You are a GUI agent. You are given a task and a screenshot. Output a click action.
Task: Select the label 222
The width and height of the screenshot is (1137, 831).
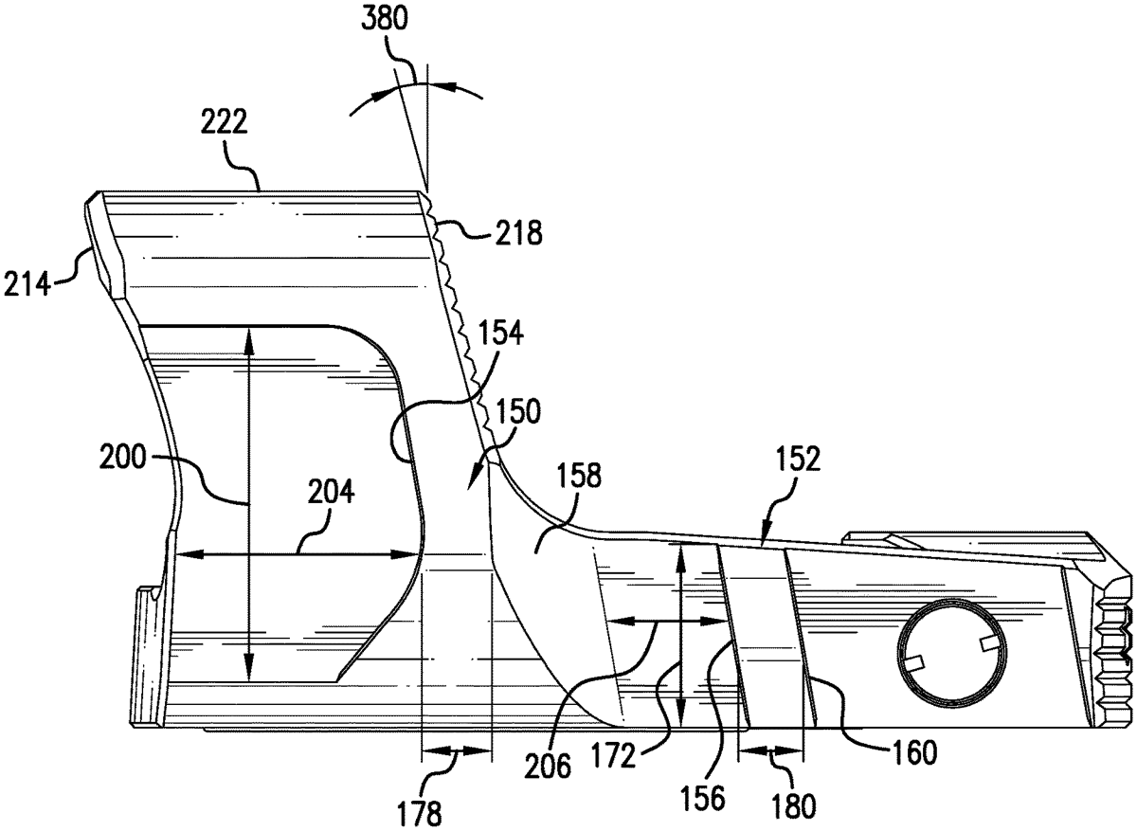[x=225, y=122]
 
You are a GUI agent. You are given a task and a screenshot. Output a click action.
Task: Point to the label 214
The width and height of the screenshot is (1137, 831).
[x=27, y=283]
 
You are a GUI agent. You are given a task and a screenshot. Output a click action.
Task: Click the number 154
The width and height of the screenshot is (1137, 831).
[x=500, y=334]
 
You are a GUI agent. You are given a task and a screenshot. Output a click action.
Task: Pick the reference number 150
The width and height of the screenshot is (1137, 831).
[x=517, y=411]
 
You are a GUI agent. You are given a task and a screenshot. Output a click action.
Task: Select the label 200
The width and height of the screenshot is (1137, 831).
[x=122, y=457]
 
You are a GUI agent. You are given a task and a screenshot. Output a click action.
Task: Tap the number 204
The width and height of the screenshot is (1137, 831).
[x=331, y=492]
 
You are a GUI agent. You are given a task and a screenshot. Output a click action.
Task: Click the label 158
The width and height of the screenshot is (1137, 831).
[x=578, y=477]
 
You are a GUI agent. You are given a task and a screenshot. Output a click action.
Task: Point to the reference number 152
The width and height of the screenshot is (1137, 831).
[x=798, y=459]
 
